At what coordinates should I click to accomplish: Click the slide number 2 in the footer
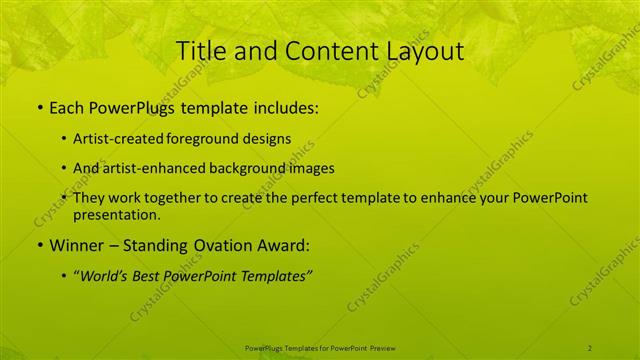[591, 347]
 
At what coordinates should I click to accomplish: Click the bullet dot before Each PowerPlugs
[39, 108]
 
